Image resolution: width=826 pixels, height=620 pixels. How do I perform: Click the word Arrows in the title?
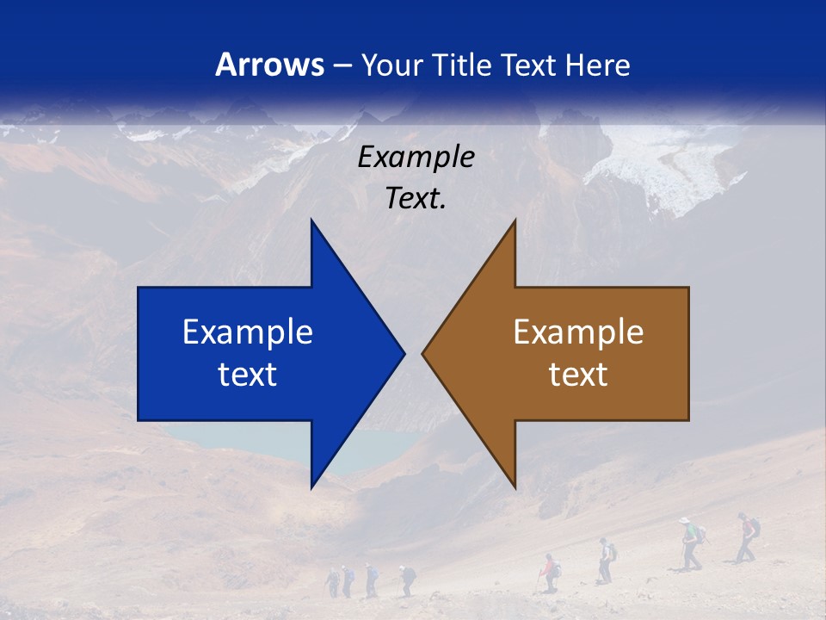tap(269, 65)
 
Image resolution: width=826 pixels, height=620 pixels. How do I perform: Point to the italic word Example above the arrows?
tap(416, 158)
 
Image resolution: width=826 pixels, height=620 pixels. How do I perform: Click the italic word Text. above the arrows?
tap(416, 199)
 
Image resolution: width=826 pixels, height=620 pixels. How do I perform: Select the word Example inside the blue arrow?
tap(248, 332)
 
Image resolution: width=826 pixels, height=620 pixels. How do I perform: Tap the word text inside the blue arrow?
tap(248, 375)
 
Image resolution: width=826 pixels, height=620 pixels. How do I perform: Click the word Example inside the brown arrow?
tap(578, 332)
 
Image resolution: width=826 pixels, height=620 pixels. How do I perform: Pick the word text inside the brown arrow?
tap(578, 375)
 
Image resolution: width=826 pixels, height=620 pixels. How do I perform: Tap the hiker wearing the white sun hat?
tap(687, 542)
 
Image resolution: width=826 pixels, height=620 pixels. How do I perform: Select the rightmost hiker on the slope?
tap(747, 537)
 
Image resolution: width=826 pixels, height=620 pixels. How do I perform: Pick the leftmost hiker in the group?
tap(334, 582)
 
